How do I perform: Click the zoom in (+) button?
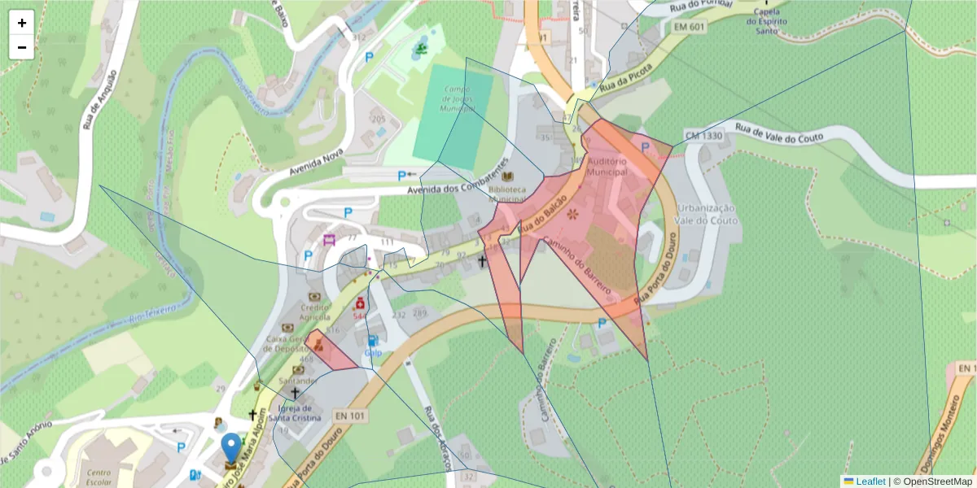(22, 23)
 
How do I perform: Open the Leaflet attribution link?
(869, 481)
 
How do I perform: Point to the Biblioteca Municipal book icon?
(509, 176)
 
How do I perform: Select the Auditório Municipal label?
(607, 167)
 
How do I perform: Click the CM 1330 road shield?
(703, 134)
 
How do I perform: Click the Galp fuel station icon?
(372, 341)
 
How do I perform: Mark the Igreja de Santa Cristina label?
(296, 414)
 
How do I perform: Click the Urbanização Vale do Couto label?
(707, 214)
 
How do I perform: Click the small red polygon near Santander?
(331, 351)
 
